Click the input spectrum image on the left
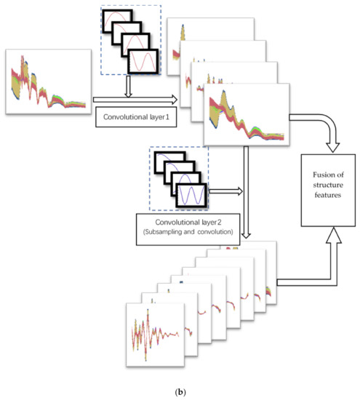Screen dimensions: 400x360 click(x=47, y=80)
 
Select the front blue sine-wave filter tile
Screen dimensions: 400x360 click(x=191, y=196)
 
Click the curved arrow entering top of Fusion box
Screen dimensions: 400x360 click(x=320, y=127)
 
